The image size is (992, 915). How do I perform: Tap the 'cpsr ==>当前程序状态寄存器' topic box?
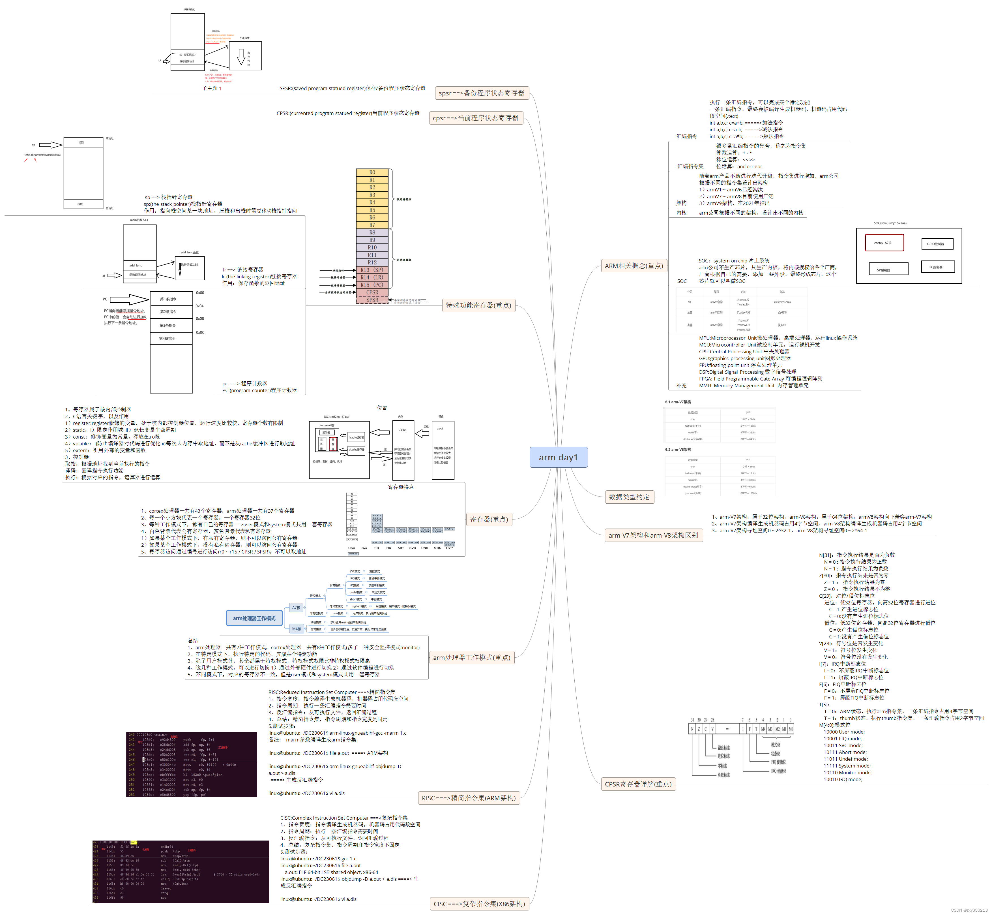click(475, 118)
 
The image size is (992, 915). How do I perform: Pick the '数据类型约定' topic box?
click(629, 497)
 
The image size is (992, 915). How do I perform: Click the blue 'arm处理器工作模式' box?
click(254, 618)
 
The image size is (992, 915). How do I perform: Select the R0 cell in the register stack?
click(372, 172)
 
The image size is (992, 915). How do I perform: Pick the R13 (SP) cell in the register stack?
click(372, 270)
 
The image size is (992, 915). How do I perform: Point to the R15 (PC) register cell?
click(372, 285)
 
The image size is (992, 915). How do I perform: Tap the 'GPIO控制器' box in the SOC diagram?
click(937, 243)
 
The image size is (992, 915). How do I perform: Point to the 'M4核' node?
click(296, 629)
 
